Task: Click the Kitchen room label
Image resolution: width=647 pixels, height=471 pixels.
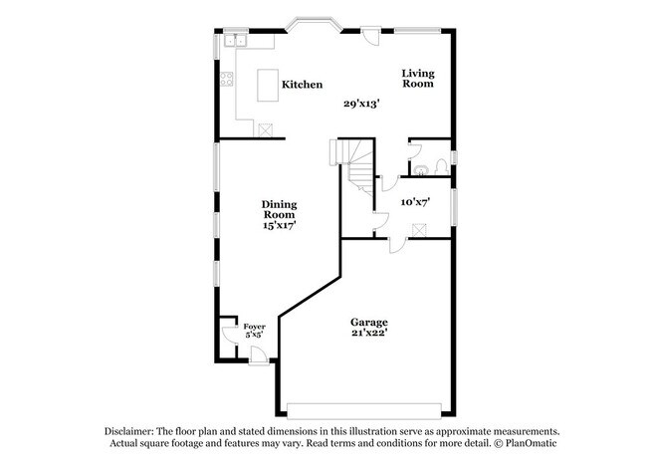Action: tap(302, 85)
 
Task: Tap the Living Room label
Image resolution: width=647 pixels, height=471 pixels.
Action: tap(418, 78)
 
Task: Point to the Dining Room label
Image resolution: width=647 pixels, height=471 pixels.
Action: tap(280, 209)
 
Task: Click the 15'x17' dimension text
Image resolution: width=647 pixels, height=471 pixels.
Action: tap(280, 226)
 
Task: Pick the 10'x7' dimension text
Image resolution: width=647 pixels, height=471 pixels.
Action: tap(414, 202)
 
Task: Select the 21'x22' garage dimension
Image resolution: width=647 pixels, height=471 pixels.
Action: tap(368, 335)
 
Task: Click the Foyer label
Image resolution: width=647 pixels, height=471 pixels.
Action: tap(255, 326)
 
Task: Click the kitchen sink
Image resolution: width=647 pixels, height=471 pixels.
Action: tap(236, 41)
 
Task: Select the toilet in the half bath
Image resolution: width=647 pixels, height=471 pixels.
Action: tap(422, 167)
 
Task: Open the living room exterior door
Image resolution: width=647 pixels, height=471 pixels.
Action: tap(370, 35)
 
